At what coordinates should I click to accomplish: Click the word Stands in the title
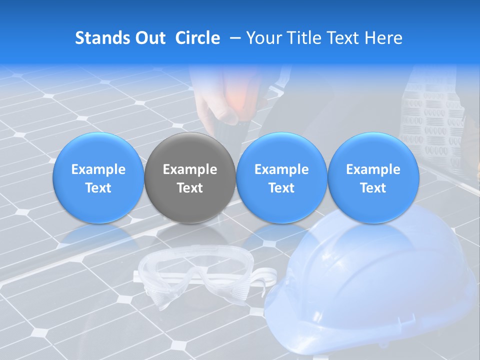point(102,38)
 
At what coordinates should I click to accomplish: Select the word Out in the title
point(150,38)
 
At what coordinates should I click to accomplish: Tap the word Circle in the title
point(197,38)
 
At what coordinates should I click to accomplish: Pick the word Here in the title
point(383,38)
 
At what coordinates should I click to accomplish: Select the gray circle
point(190,150)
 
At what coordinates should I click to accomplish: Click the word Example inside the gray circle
point(190,169)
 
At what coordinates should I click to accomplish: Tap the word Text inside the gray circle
point(190,188)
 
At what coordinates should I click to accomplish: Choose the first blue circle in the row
point(98,150)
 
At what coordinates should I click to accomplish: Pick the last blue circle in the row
point(373,150)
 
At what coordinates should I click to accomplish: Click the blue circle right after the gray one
point(281,150)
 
